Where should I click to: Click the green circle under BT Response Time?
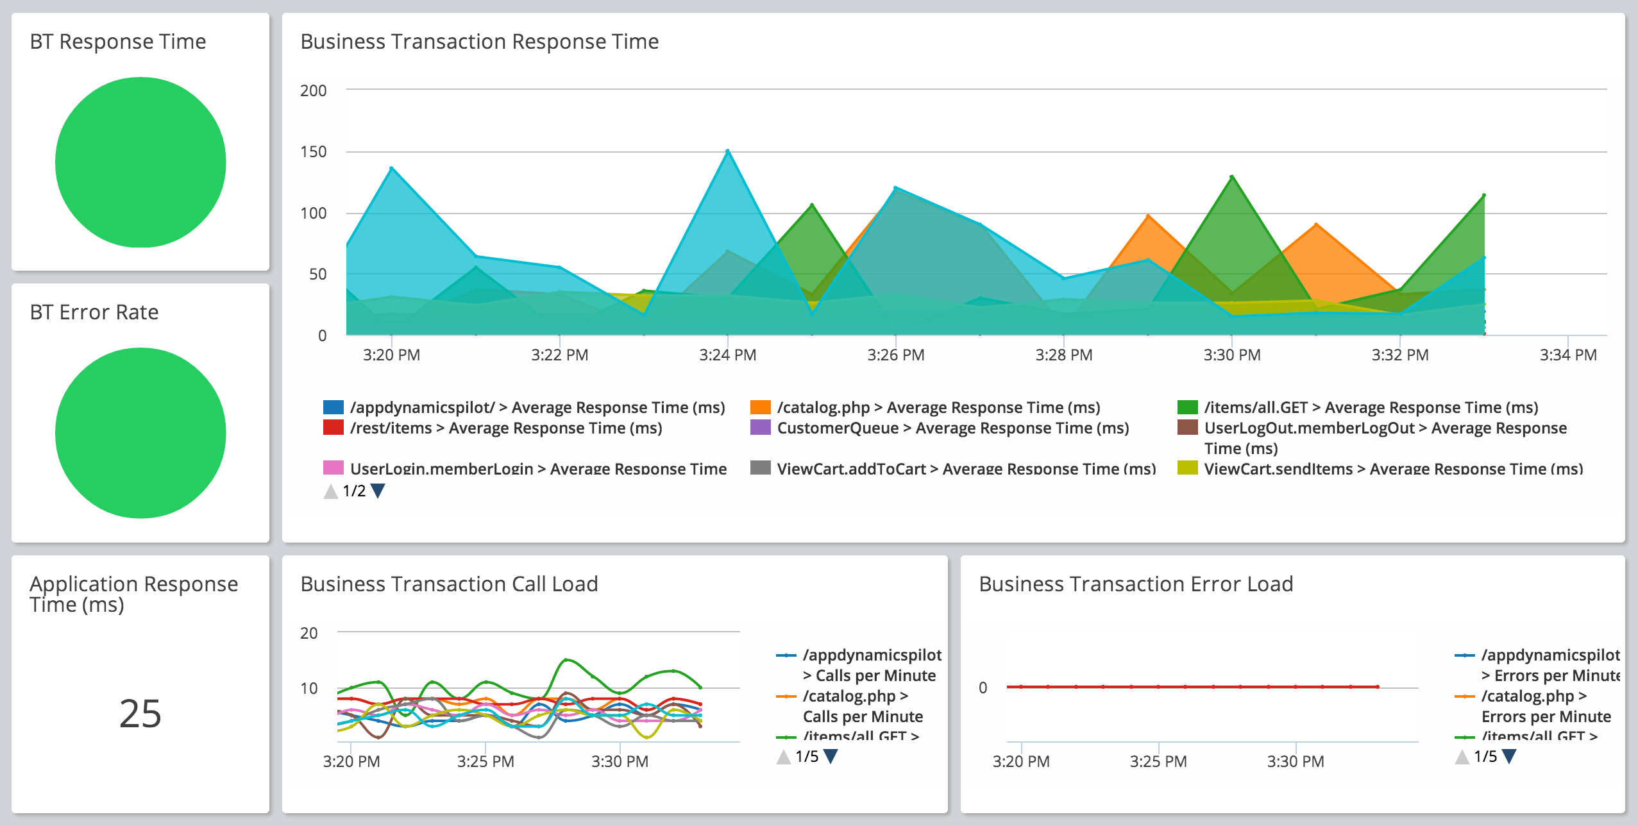(140, 162)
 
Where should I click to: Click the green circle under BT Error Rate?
(140, 433)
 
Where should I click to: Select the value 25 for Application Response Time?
(140, 713)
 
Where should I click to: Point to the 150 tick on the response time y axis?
(313, 152)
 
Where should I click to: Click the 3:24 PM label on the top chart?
(727, 355)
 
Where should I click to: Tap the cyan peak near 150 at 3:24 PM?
(727, 151)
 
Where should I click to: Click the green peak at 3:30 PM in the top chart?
(1231, 176)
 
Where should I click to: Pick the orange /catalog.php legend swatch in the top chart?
(760, 407)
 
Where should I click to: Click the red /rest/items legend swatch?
(333, 428)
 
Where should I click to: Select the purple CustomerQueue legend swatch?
(760, 428)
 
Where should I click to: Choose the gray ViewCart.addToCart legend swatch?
(760, 468)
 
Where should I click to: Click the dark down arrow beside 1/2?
(378, 491)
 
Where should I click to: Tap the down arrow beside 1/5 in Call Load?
(831, 757)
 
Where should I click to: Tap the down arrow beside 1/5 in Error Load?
(1509, 757)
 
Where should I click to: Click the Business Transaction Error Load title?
(1136, 584)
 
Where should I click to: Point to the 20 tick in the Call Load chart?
(308, 633)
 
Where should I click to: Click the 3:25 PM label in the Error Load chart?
(1158, 761)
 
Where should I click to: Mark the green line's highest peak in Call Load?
(566, 660)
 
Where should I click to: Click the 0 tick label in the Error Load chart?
(983, 687)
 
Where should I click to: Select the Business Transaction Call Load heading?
(449, 584)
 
